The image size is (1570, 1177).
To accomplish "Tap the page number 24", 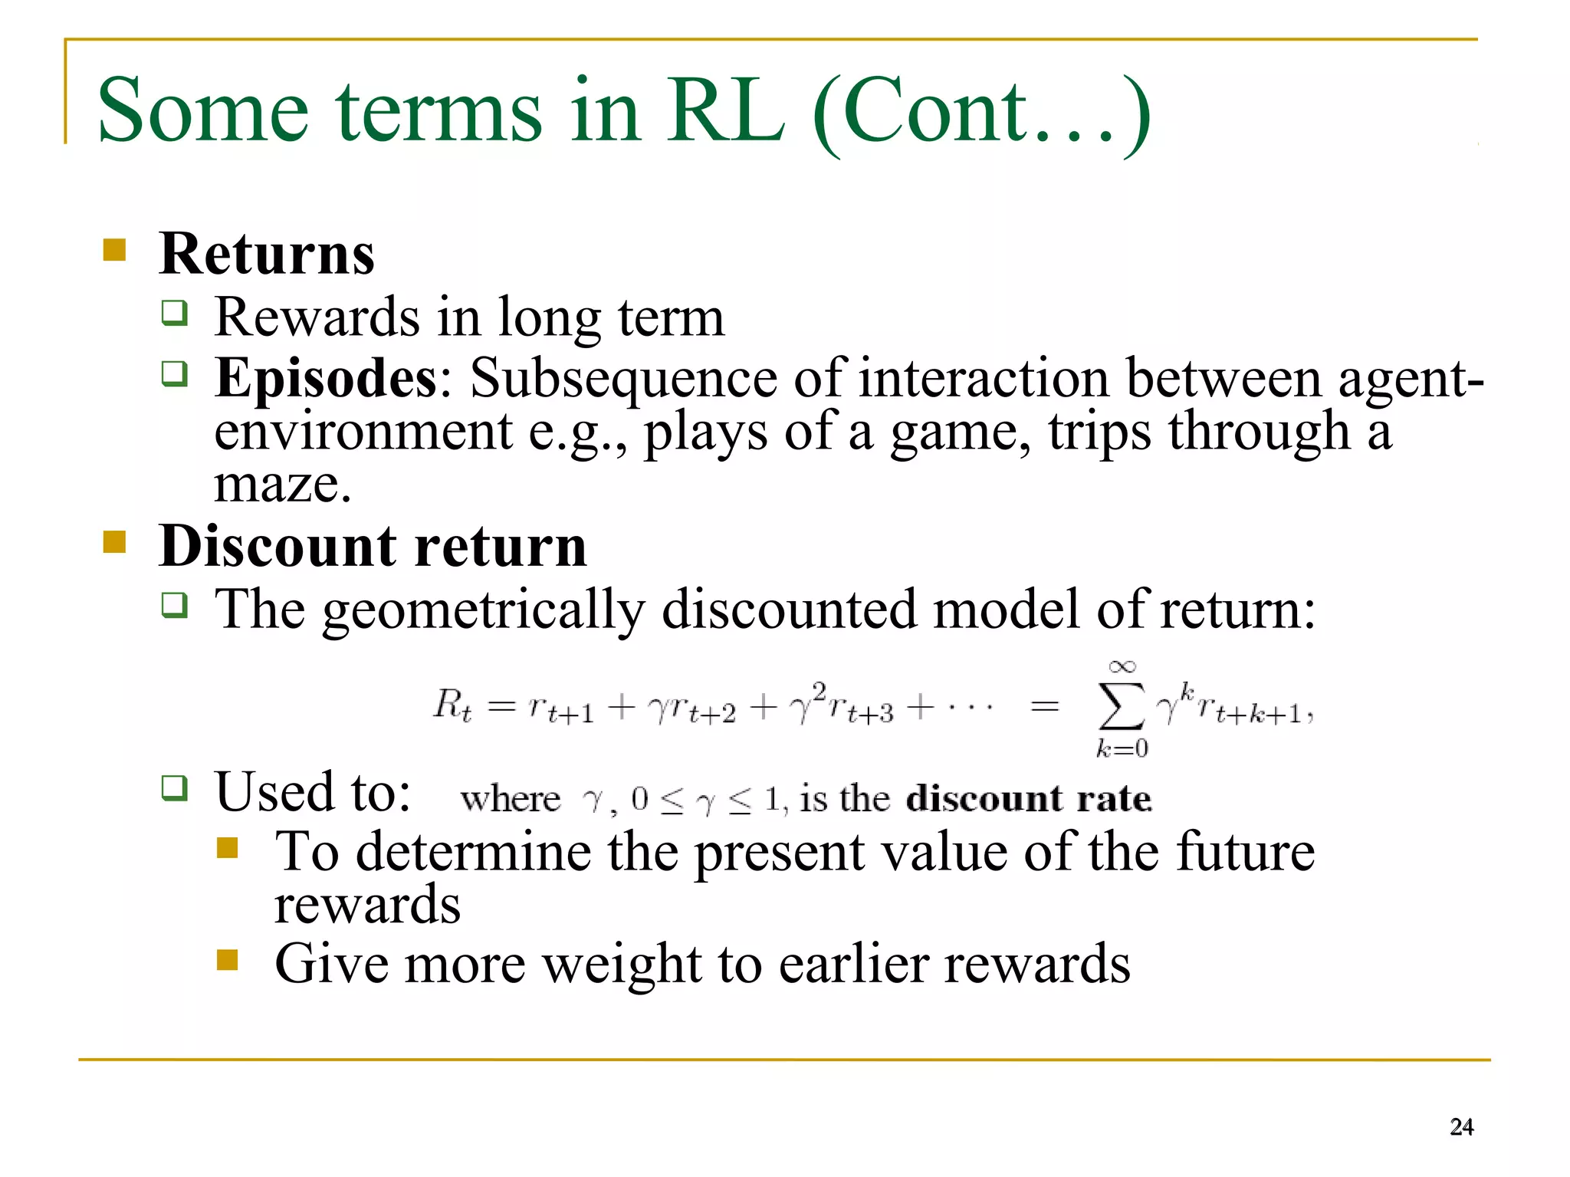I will pyautogui.click(x=1461, y=1126).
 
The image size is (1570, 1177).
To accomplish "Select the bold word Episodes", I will pyautogui.click(x=326, y=378).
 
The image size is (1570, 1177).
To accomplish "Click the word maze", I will pyautogui.click(x=281, y=485).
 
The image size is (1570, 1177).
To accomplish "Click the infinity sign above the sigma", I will pyautogui.click(x=1122, y=666).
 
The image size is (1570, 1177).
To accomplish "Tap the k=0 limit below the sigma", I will pyautogui.click(x=1122, y=748).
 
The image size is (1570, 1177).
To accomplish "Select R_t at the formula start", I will pyautogui.click(x=452, y=705).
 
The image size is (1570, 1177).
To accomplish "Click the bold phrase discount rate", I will pyautogui.click(x=1028, y=799).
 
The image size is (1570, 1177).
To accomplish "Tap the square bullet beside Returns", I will pyautogui.click(x=114, y=250).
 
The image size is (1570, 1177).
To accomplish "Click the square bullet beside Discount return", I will pyautogui.click(x=114, y=542).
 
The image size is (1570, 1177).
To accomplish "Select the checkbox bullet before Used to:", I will pyautogui.click(x=174, y=787).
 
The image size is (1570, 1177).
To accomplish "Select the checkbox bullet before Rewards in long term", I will pyautogui.click(x=174, y=313).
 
